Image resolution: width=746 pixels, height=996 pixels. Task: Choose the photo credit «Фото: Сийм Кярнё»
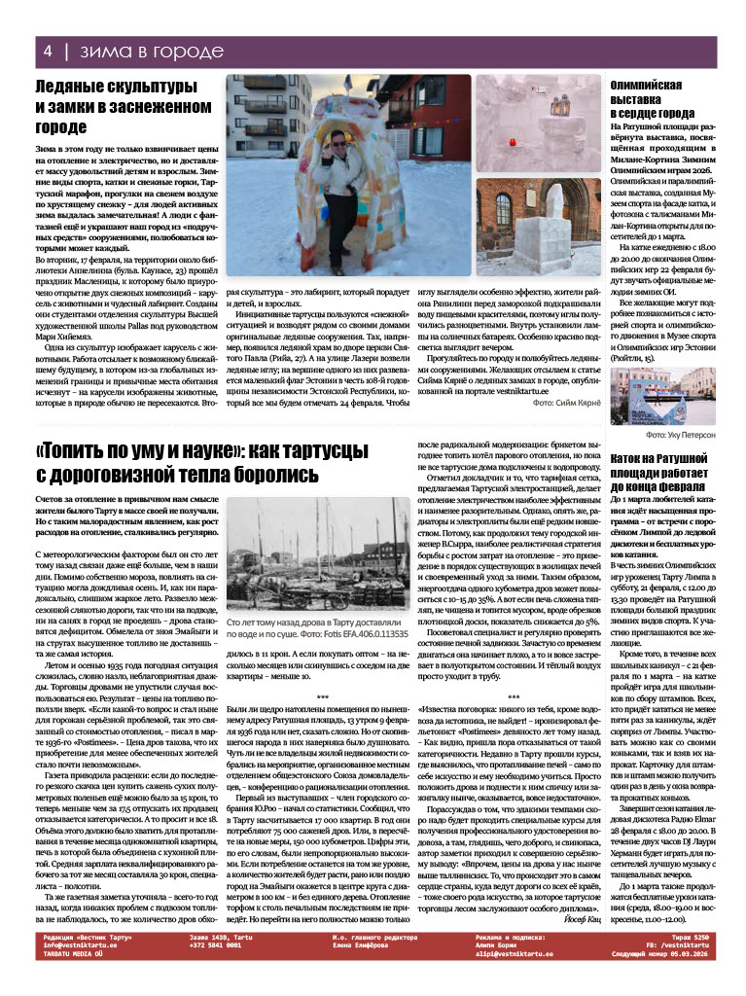point(565,402)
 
